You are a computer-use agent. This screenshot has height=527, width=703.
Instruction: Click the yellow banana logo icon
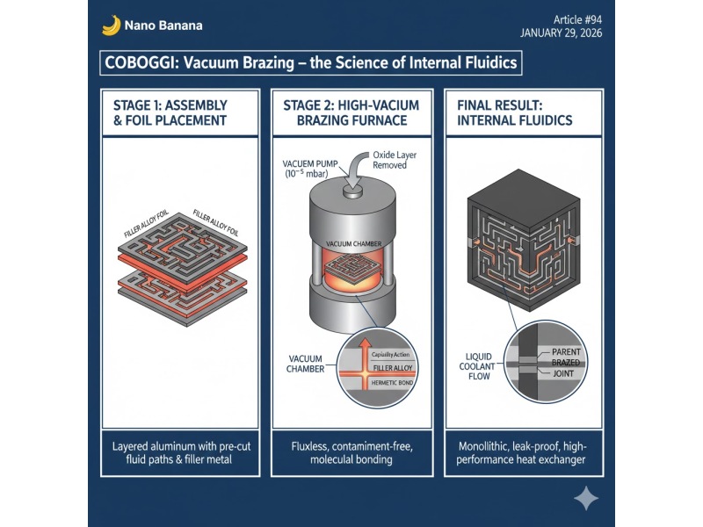coord(112,25)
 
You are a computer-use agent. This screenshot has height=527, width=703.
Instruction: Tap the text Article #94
coord(577,19)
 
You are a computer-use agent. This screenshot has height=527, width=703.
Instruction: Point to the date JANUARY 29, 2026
coord(561,33)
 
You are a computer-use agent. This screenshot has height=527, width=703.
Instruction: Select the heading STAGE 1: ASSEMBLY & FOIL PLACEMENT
coord(170,113)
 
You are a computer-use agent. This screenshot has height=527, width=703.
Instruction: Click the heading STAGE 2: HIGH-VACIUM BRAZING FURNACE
coord(351,113)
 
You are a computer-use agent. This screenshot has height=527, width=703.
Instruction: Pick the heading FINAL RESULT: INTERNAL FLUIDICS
coord(515,113)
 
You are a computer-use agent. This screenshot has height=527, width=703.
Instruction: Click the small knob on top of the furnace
coord(352,191)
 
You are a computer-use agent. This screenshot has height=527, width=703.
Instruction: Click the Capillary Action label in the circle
coord(390,355)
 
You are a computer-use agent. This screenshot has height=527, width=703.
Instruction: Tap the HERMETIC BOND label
coord(392,383)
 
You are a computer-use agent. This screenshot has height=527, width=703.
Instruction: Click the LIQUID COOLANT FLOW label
coord(477,366)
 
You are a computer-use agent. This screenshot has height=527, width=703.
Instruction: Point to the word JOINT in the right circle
coord(563,373)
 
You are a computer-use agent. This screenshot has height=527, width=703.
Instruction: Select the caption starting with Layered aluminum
coord(181,453)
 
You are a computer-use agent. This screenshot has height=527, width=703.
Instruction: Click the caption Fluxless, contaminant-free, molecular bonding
coord(352,453)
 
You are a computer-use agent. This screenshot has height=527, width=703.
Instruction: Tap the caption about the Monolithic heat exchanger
coord(521,453)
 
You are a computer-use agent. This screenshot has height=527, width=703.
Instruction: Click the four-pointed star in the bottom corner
coord(586,498)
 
